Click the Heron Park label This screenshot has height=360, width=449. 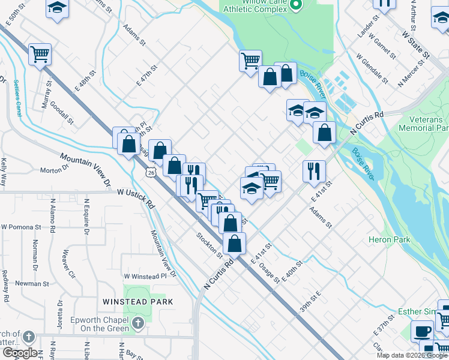tap(390, 240)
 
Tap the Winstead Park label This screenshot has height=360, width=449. tap(137, 302)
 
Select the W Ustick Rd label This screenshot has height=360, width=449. tap(136, 196)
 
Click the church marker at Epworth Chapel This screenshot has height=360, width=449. tap(138, 323)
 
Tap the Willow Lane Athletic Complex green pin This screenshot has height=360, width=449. tap(295, 5)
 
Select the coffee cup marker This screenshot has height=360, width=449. tap(422, 331)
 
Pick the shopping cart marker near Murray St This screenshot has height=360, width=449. tap(40, 54)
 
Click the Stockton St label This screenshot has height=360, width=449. tap(209, 243)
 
